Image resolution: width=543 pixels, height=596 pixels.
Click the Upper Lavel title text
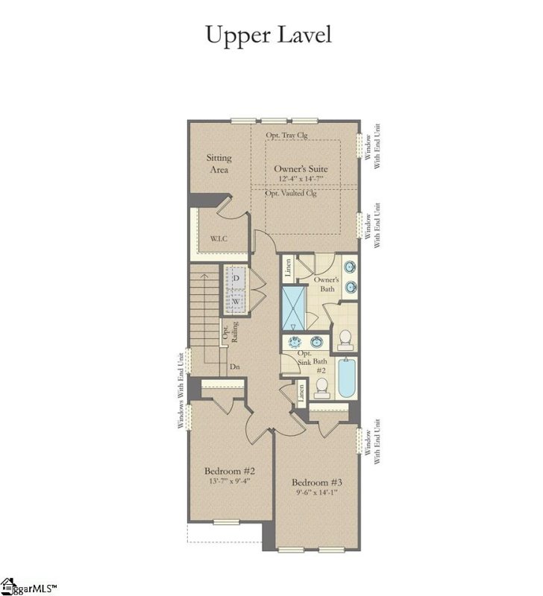tap(270, 34)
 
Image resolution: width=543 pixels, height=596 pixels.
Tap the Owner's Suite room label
tap(300, 169)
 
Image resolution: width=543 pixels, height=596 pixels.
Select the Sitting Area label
tap(219, 163)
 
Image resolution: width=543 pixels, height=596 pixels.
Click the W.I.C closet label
tap(219, 239)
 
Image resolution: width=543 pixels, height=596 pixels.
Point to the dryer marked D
tap(236, 278)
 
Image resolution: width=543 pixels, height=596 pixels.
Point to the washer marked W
tap(236, 301)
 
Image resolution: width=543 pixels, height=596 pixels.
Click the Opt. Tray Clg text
tap(288, 136)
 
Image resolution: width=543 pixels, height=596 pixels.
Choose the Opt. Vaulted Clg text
tap(292, 193)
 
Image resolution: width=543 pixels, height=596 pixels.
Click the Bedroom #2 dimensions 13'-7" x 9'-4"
tap(230, 481)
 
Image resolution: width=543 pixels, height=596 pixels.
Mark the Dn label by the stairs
tap(235, 367)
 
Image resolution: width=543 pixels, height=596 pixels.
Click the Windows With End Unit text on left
tap(181, 391)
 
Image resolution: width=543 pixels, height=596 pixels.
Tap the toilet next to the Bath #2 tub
tap(321, 387)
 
